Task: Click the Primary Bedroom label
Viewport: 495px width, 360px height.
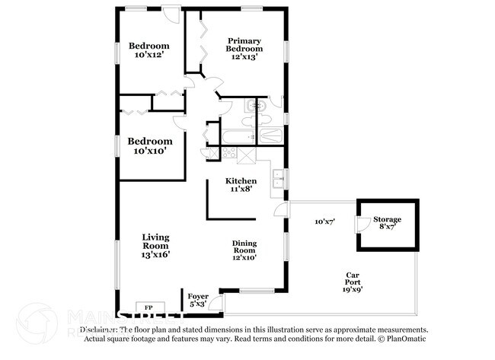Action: pos(244,45)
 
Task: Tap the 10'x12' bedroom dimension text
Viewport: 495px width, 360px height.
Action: pos(149,56)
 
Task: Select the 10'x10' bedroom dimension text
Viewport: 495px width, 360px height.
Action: pos(149,151)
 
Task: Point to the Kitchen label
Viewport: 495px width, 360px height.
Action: pos(235,180)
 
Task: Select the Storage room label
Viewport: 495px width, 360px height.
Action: pos(387,220)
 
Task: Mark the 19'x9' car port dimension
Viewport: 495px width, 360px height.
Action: pos(353,289)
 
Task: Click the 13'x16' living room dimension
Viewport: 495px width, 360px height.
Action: pos(155,256)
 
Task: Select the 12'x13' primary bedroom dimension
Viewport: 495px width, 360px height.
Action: pos(244,56)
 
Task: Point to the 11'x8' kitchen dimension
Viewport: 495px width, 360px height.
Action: pos(235,190)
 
